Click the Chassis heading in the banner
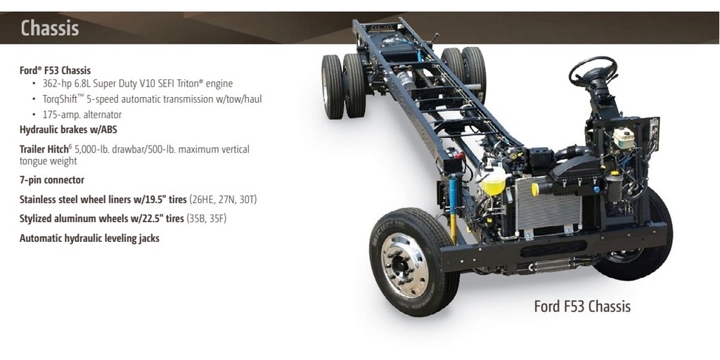click(x=50, y=28)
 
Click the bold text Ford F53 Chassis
click(x=55, y=70)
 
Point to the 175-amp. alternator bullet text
click(x=82, y=115)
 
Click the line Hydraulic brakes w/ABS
click(x=68, y=129)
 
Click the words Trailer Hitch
click(x=44, y=149)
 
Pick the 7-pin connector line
click(x=52, y=180)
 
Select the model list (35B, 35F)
click(x=206, y=219)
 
